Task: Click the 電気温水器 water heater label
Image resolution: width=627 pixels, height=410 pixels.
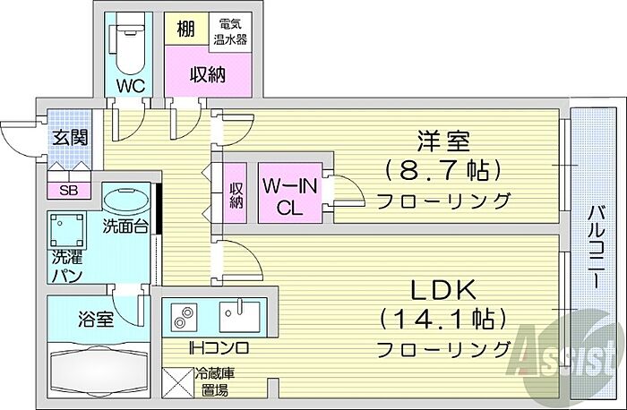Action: (x=230, y=32)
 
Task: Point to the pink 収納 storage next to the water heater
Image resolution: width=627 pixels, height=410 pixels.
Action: (x=206, y=76)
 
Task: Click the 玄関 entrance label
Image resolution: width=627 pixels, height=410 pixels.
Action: (x=67, y=139)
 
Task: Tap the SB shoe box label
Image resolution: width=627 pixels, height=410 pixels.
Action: (x=68, y=191)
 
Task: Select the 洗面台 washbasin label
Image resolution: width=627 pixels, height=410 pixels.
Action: (x=125, y=226)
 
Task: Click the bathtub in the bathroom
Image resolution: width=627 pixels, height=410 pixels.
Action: (x=98, y=369)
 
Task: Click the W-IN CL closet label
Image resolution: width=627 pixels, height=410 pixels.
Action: (x=288, y=195)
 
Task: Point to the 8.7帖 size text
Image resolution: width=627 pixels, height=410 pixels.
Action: (x=442, y=169)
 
